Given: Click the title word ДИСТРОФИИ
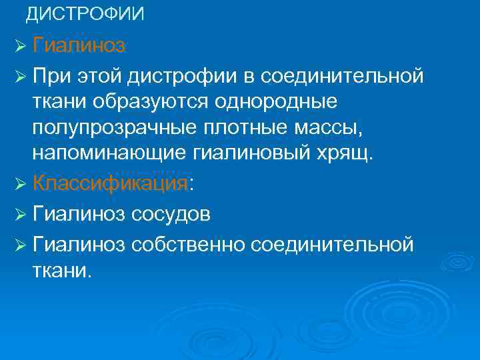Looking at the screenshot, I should (x=85, y=14).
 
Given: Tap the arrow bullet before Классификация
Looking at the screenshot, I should (x=19, y=184).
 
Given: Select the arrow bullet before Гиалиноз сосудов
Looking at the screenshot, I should (x=19, y=215).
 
